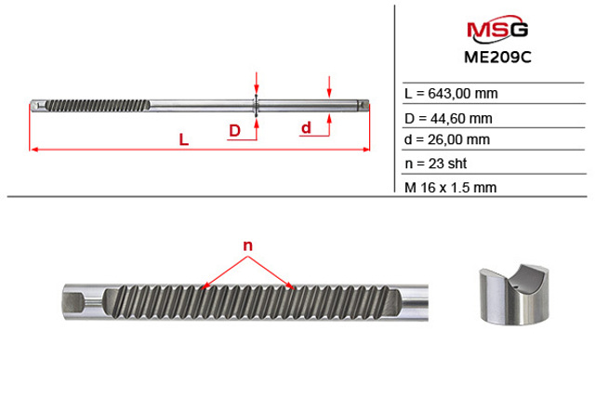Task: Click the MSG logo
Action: [497, 29]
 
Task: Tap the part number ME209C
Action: [497, 58]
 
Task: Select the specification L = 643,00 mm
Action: [451, 93]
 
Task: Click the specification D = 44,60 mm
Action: [448, 119]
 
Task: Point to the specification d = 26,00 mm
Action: [447, 139]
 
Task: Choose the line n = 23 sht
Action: [436, 164]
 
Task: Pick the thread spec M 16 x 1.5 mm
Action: [450, 188]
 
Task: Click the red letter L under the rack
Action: [184, 140]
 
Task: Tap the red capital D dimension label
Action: [235, 130]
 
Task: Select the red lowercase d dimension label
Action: [306, 128]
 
